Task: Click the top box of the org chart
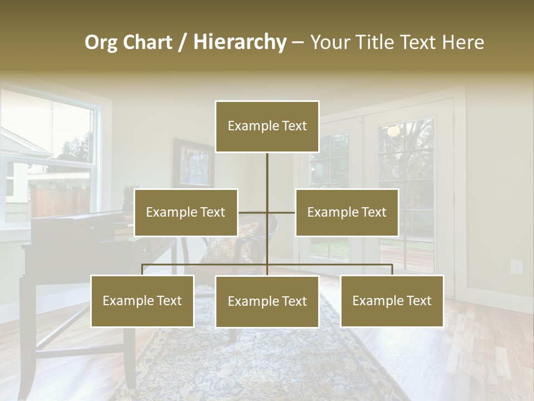pyautogui.click(x=267, y=126)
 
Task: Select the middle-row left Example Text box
pyautogui.click(x=186, y=212)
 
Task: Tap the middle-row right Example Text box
pyautogui.click(x=347, y=212)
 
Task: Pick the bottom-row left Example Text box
pyautogui.click(x=142, y=301)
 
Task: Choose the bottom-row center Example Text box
pyautogui.click(x=267, y=301)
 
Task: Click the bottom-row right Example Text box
pyautogui.click(x=392, y=301)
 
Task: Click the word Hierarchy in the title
pyautogui.click(x=239, y=42)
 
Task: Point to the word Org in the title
pyautogui.click(x=101, y=42)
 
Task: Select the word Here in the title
pyautogui.click(x=463, y=42)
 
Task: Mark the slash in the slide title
pyautogui.click(x=182, y=43)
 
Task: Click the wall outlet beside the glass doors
pyautogui.click(x=516, y=267)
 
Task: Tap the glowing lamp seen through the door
pyautogui.click(x=394, y=131)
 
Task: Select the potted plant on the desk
pyautogui.click(x=128, y=195)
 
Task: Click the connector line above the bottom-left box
pyautogui.click(x=142, y=270)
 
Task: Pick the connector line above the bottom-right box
pyautogui.click(x=392, y=270)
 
